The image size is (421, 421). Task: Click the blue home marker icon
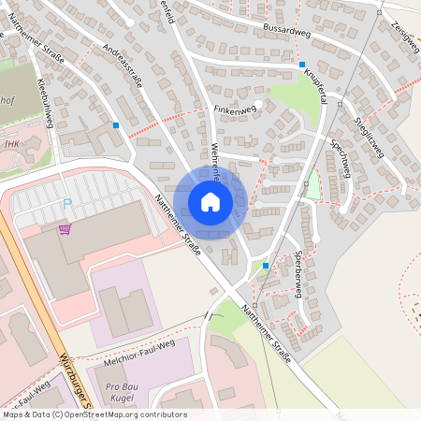click(x=210, y=201)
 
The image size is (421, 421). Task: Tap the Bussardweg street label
click(x=287, y=30)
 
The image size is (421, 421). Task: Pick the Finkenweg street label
click(x=234, y=109)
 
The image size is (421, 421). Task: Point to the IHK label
click(x=12, y=144)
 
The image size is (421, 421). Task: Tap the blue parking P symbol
click(x=66, y=204)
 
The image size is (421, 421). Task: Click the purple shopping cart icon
click(x=65, y=228)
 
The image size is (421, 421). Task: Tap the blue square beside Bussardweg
click(x=302, y=65)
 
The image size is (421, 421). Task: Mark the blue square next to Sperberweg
click(x=266, y=266)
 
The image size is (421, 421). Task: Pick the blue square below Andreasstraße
click(x=116, y=124)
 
